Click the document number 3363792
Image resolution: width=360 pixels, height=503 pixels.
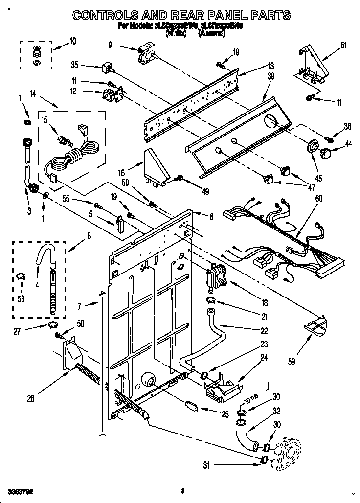(x=21, y=490)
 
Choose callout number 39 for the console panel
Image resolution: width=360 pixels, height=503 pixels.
(x=271, y=76)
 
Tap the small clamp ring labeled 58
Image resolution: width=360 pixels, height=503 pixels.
(x=20, y=277)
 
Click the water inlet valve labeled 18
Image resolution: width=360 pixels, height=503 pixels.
(x=214, y=275)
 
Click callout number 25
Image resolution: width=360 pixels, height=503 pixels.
(x=225, y=414)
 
